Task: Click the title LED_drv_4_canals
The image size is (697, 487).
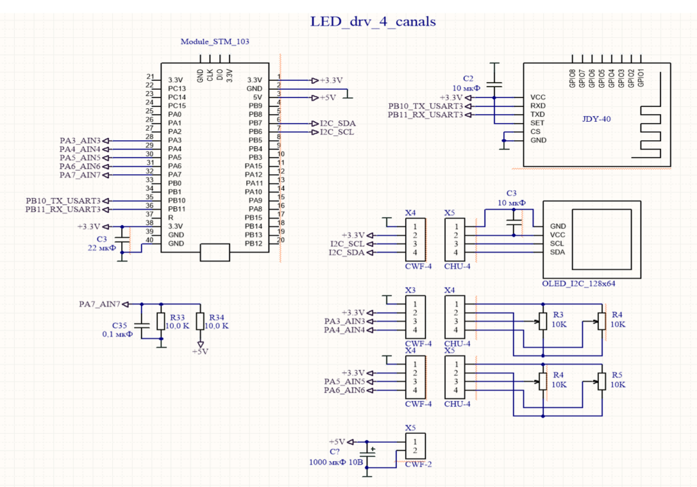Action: pyautogui.click(x=372, y=22)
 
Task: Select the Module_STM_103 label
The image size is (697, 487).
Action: pyautogui.click(x=214, y=41)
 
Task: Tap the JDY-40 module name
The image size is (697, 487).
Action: pyautogui.click(x=596, y=119)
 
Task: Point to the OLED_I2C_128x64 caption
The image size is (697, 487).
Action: pyautogui.click(x=579, y=284)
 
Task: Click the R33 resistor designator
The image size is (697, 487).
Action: pyautogui.click(x=178, y=317)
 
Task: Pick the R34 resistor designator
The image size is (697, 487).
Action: pyautogui.click(x=216, y=317)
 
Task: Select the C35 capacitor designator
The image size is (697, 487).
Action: pyautogui.click(x=120, y=326)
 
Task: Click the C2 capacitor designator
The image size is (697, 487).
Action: pyautogui.click(x=468, y=79)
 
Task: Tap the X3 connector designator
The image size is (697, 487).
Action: pyautogui.click(x=410, y=290)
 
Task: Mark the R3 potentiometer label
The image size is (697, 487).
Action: pyautogui.click(x=558, y=315)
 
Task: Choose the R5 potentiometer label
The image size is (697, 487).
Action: pyautogui.click(x=617, y=375)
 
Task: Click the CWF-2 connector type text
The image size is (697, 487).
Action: pyautogui.click(x=419, y=464)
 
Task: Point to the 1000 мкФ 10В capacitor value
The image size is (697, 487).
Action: pyautogui.click(x=336, y=462)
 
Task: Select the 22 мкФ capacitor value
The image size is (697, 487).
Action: pyautogui.click(x=102, y=248)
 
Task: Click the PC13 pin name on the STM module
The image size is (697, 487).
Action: pyautogui.click(x=177, y=88)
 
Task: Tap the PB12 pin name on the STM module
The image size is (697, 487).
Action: pyautogui.click(x=253, y=244)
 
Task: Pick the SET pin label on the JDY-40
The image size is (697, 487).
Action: pyautogui.click(x=537, y=122)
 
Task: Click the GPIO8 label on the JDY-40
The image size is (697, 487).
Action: pyautogui.click(x=572, y=78)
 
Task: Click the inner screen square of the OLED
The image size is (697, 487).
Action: pyautogui.click(x=602, y=210)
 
